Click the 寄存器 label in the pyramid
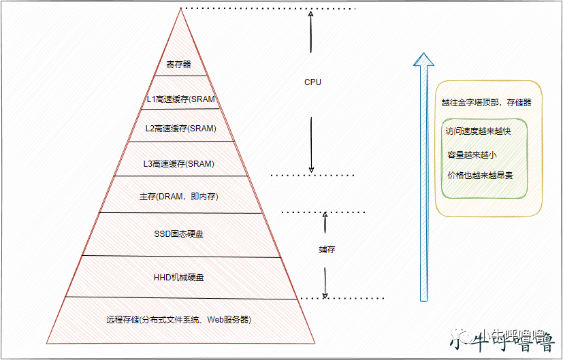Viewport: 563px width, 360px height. tap(180, 65)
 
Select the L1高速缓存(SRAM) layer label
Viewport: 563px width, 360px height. tap(181, 99)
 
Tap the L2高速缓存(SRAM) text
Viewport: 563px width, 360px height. tap(181, 128)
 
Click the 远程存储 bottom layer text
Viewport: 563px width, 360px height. tap(179, 319)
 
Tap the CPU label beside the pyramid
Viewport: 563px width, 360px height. tap(312, 82)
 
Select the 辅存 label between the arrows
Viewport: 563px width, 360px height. tap(327, 250)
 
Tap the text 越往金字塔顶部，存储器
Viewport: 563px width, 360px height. tap(486, 103)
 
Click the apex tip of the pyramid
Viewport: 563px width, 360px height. tap(181, 10)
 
